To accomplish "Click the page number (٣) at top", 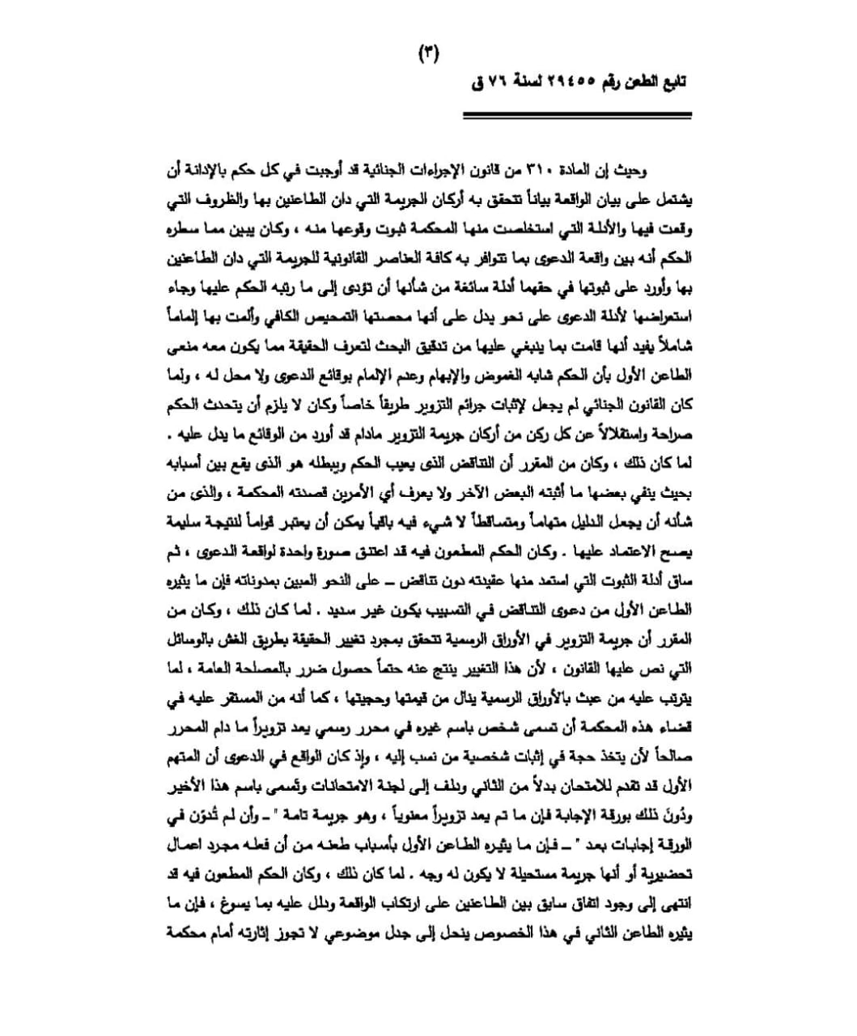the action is coord(428,54).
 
